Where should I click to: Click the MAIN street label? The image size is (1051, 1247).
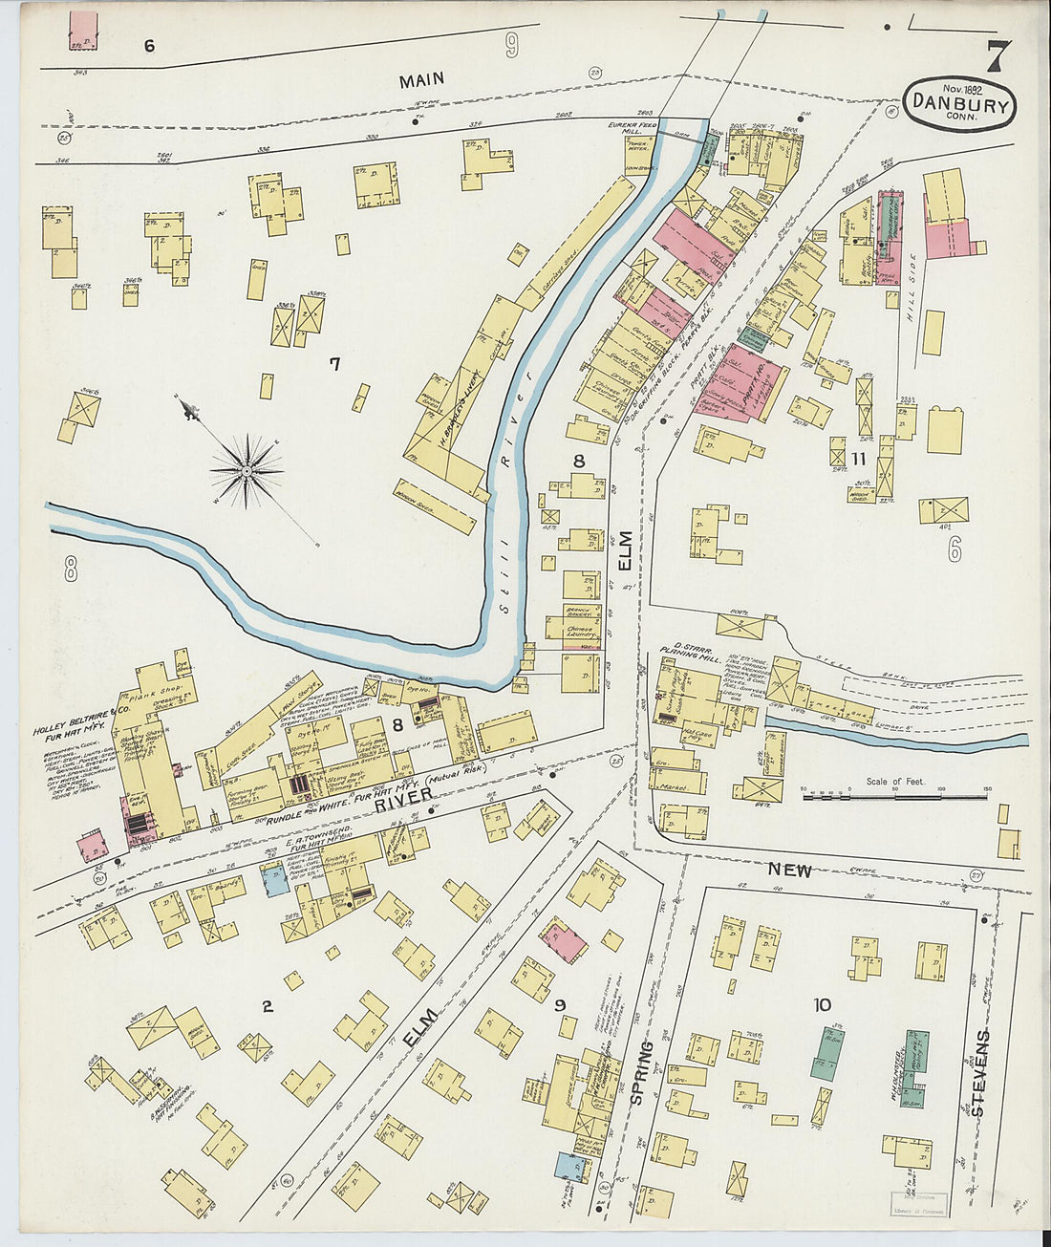(421, 82)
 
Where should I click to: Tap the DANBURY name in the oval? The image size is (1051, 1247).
(959, 102)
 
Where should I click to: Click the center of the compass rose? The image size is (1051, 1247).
(247, 470)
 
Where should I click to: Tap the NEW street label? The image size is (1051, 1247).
(789, 871)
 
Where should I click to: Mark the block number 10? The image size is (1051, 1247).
(821, 1005)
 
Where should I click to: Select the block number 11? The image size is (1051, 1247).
(858, 459)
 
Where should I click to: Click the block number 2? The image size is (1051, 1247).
(268, 1006)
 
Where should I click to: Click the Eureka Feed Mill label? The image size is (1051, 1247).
(634, 129)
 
